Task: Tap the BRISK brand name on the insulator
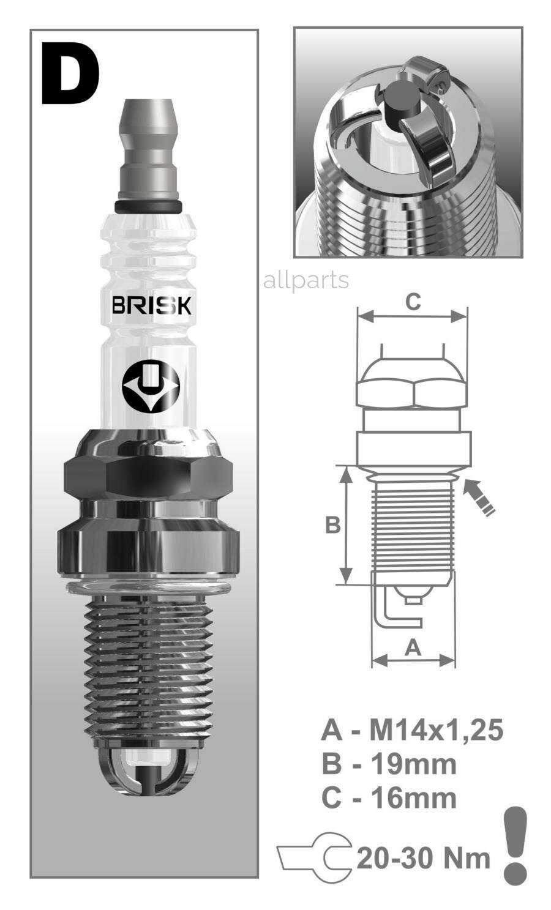151,305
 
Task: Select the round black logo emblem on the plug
150,388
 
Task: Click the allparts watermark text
305,280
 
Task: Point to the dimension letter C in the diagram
413,302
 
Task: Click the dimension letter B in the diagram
332,525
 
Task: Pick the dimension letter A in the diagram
414,647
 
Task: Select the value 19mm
414,764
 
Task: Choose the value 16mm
414,798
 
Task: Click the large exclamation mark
515,845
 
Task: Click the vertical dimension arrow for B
347,525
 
